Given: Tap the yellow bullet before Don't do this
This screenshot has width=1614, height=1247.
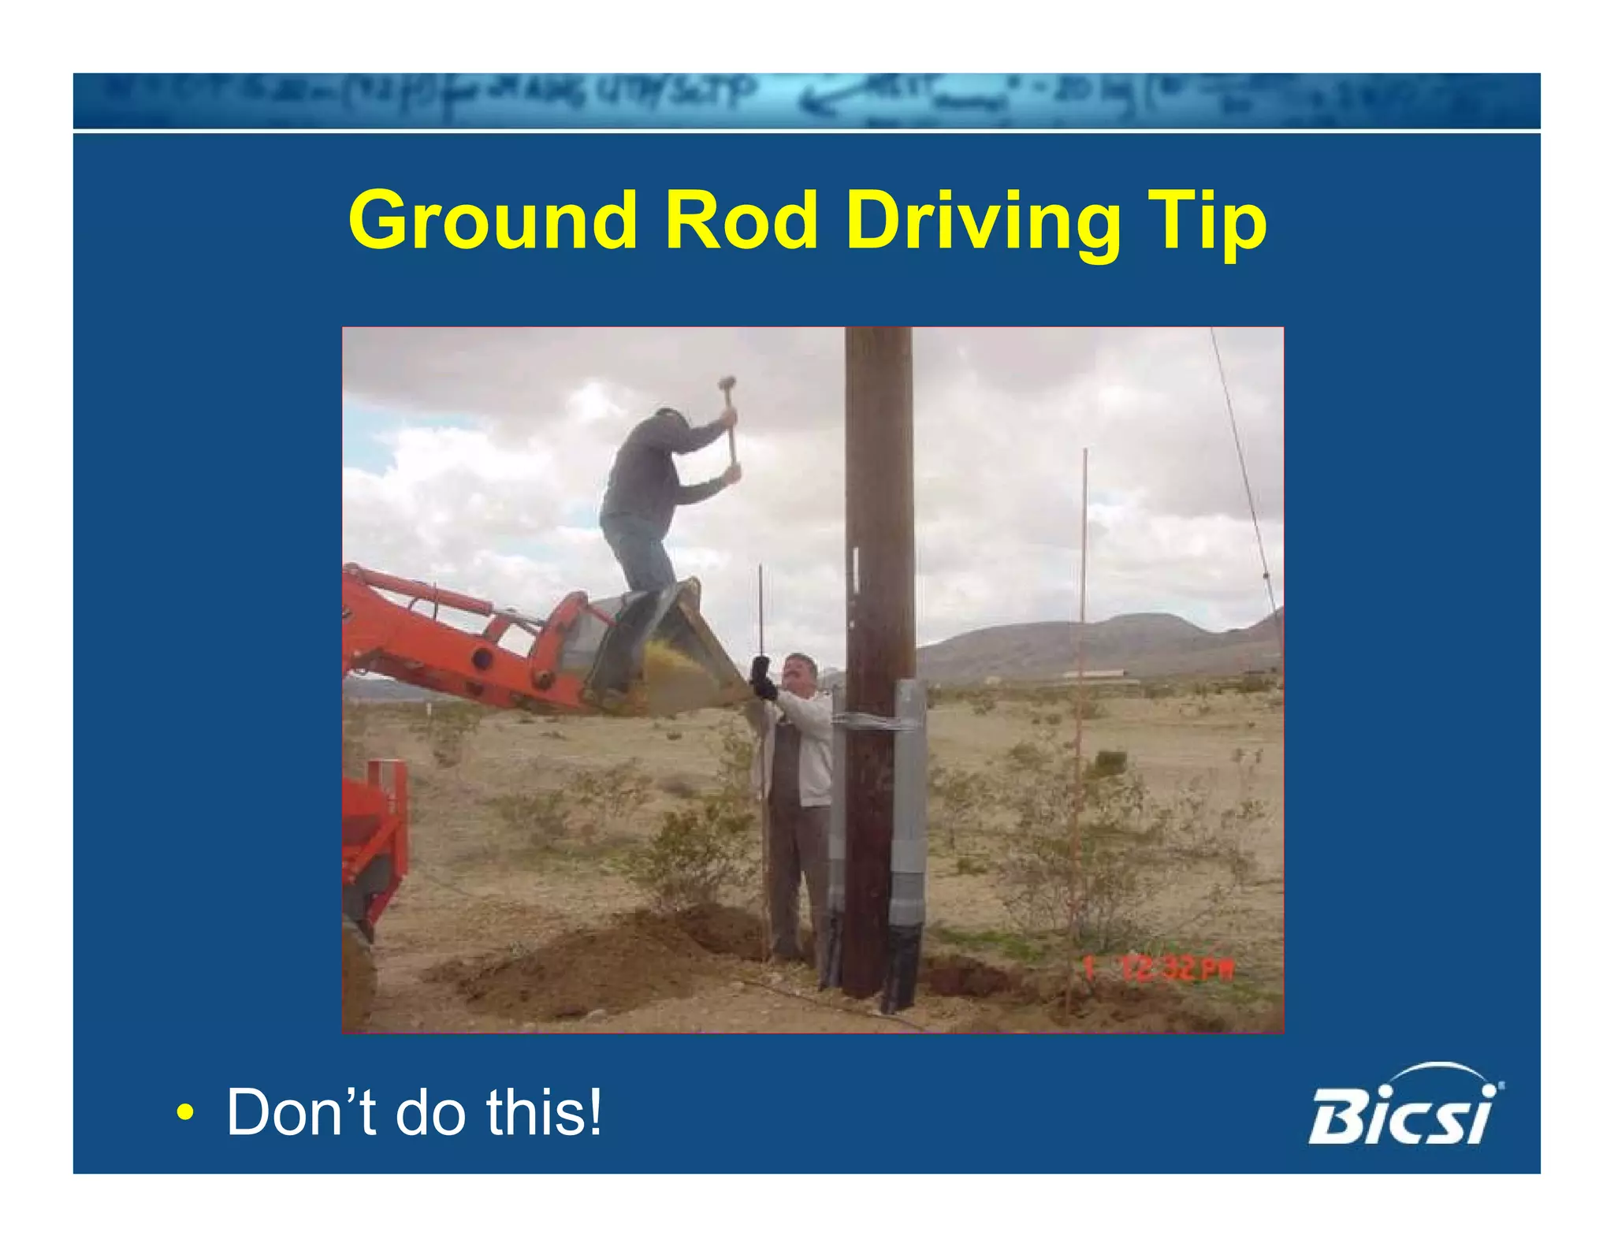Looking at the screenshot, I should pos(184,1113).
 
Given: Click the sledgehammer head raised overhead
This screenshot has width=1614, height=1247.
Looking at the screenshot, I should pos(726,385).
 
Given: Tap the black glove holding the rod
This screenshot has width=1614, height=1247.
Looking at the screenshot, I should pos(762,679).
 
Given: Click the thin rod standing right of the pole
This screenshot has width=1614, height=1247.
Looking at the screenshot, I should pos(1082,670).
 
